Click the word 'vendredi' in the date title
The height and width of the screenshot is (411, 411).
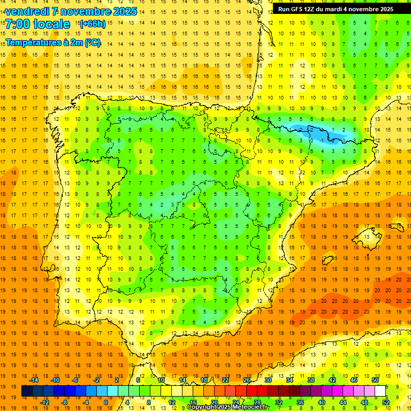(26, 11)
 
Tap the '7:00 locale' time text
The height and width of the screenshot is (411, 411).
(37, 24)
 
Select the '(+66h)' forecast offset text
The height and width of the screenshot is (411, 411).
(92, 24)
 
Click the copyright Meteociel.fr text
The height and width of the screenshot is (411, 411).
(227, 407)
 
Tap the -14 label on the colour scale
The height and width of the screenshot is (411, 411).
(34, 380)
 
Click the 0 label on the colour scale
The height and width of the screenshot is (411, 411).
(106, 402)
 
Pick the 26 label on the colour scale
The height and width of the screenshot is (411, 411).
(247, 380)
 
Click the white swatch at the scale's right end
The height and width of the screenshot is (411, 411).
(380, 391)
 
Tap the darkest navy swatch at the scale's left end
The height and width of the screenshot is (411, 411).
(27, 391)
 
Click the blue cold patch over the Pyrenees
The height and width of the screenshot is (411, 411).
(321, 133)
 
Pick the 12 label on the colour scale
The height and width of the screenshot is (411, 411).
(172, 402)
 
